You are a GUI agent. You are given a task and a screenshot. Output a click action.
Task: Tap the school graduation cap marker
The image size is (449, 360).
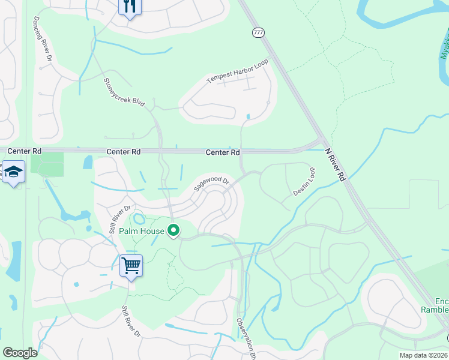point(13,172)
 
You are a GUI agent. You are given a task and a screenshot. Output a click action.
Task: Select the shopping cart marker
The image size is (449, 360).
point(131,265)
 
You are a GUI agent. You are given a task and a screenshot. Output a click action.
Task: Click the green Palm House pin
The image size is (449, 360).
point(174,230)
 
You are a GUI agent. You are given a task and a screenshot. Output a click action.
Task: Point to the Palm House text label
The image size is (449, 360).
point(142,230)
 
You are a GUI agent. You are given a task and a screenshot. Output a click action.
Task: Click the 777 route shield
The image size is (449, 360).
point(258,33)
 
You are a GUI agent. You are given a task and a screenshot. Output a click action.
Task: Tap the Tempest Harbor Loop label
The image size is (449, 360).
point(238,71)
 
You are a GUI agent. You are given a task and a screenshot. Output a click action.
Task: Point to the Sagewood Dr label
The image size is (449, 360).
point(211,184)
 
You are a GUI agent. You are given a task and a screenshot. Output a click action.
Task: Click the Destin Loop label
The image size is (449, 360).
point(304,182)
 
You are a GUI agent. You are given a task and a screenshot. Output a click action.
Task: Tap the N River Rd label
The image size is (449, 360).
point(335,166)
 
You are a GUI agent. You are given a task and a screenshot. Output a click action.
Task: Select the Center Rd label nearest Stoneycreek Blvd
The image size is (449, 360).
point(124,152)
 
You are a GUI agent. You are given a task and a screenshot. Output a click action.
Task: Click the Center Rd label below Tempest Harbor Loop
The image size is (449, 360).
point(223,152)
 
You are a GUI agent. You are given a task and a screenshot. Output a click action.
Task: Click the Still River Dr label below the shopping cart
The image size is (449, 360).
point(131,322)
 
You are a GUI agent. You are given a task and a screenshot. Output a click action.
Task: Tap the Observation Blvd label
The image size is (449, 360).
point(247,339)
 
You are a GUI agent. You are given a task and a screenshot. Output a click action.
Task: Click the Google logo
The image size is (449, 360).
point(20,353)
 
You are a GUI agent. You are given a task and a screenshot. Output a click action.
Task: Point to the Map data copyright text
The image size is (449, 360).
point(424,355)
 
